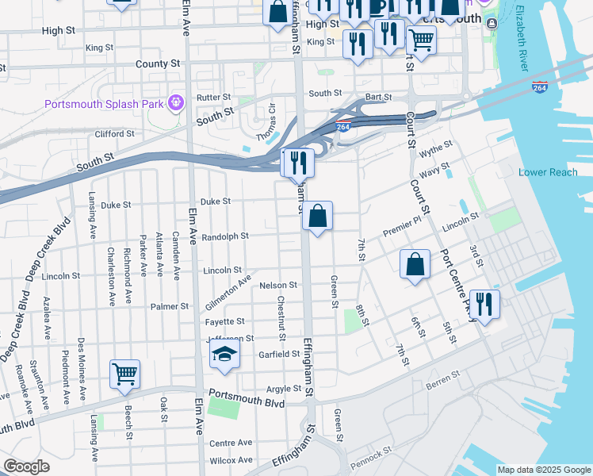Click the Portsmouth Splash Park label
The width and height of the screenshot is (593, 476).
click(x=103, y=104)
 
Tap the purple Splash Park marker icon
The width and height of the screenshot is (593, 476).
click(x=176, y=102)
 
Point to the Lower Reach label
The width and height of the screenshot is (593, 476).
click(x=548, y=172)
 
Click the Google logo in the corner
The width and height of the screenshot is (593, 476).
click(x=25, y=466)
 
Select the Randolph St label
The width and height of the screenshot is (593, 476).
click(x=225, y=236)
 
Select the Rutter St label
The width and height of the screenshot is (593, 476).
click(x=213, y=98)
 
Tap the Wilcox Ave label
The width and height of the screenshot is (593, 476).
click(x=231, y=460)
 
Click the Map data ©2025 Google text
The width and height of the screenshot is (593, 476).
click(x=544, y=470)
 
